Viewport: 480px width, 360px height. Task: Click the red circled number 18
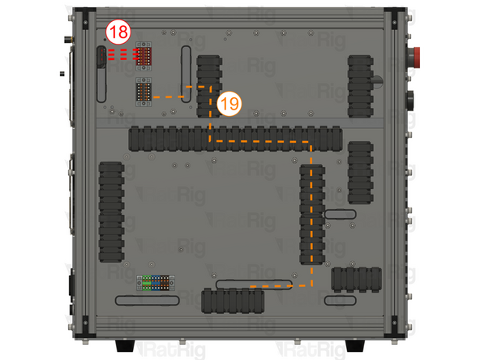[118, 33]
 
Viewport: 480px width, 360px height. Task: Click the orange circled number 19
[229, 104]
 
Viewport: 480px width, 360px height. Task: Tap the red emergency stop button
[411, 57]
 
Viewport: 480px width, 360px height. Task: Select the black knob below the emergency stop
[410, 101]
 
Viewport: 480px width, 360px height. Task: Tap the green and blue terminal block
[156, 282]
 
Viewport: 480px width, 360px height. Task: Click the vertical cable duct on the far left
[111, 212]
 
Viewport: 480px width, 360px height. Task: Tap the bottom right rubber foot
[354, 347]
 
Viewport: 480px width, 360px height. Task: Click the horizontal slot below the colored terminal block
[147, 301]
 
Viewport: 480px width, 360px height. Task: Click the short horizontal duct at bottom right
[355, 278]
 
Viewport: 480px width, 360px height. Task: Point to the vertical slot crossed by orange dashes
[187, 75]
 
